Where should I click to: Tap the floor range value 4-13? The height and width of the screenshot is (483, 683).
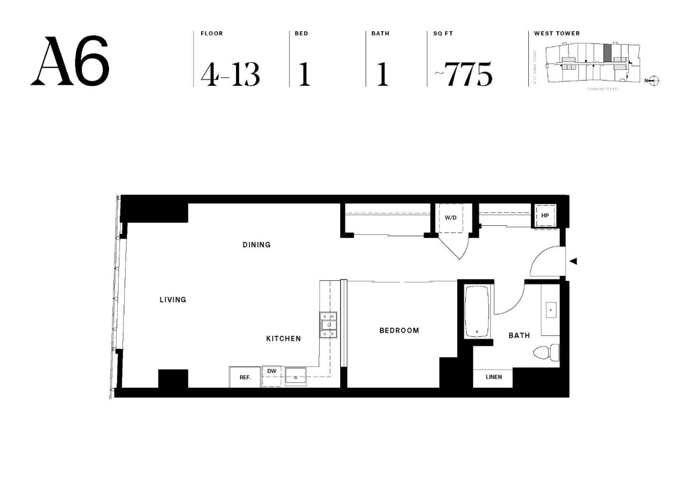coord(230,74)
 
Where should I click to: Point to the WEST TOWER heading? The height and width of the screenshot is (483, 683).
coord(556,33)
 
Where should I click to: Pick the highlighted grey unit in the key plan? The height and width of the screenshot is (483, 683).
coord(607,52)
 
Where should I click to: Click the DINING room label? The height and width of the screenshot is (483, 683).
coord(256,245)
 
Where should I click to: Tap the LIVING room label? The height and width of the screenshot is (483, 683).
coord(173,300)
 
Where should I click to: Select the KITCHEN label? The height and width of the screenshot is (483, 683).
coord(283,339)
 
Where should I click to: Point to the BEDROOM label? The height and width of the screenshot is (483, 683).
coord(399,331)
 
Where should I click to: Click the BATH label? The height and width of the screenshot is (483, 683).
coord(519,335)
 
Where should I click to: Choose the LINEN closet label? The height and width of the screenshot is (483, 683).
coord(493,377)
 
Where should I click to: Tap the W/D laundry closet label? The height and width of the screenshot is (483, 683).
coord(451,218)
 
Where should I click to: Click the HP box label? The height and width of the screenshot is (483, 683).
coord(545,215)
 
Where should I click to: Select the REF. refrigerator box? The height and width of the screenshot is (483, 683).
coord(245,377)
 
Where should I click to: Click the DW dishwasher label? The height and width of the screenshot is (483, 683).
coord(271,371)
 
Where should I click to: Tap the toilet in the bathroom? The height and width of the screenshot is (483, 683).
coord(545,353)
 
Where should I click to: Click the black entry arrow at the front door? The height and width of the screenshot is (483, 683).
coord(573,261)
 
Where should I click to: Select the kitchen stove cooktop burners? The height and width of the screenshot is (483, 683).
coord(328,325)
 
